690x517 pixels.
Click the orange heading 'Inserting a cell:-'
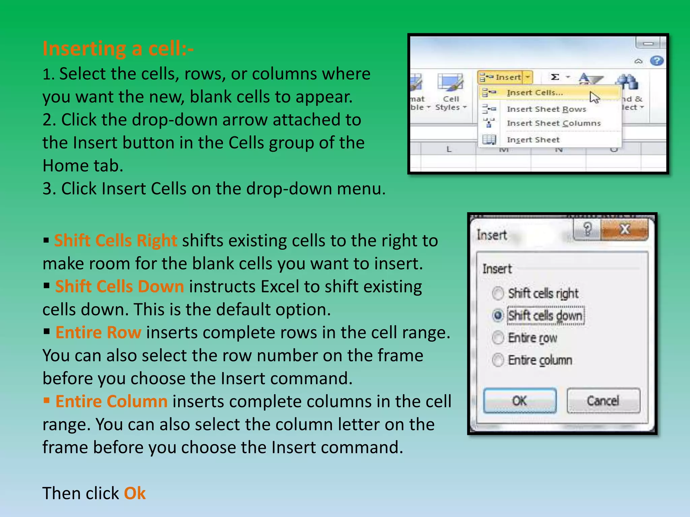[x=118, y=49]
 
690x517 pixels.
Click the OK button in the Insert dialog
[x=520, y=401]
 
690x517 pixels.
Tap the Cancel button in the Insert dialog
[x=603, y=401]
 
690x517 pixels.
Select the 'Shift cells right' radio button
[x=498, y=293]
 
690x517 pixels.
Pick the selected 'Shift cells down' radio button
[x=498, y=315]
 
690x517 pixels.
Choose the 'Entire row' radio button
[x=498, y=338]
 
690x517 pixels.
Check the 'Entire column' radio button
[x=498, y=360]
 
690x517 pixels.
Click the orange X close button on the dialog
[x=625, y=230]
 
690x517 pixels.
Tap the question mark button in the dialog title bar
[x=587, y=230]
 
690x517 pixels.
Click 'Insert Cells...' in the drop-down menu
[x=535, y=93]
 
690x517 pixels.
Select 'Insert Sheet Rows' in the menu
[x=546, y=109]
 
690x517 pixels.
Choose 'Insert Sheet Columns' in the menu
[x=554, y=123]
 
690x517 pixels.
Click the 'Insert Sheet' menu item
[x=533, y=140]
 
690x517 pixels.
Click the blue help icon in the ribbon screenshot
[x=657, y=61]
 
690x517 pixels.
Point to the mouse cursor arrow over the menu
[x=594, y=97]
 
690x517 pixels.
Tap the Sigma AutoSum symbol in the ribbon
[x=555, y=77]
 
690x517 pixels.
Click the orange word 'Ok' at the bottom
[x=135, y=493]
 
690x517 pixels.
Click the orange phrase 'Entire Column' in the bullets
[x=111, y=402]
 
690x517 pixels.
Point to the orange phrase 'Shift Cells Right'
[x=116, y=241]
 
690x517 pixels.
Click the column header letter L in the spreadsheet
[x=449, y=149]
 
